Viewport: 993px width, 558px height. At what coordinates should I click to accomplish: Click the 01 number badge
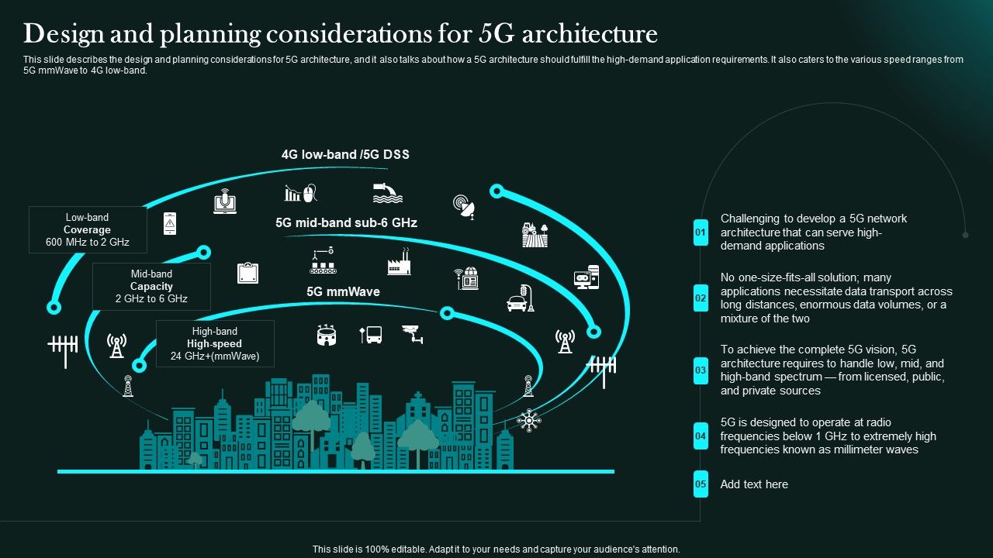click(701, 232)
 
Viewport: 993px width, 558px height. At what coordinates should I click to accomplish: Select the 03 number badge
click(701, 370)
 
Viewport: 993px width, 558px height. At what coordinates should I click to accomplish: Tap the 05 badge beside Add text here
click(701, 484)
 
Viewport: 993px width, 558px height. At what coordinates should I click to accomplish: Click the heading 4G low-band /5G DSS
click(345, 155)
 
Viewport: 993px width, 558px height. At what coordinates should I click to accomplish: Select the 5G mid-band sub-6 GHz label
click(346, 223)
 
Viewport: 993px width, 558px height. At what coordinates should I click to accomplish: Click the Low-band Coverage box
click(87, 230)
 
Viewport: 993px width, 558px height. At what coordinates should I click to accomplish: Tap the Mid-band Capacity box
click(151, 286)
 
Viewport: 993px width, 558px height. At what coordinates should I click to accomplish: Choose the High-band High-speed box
click(215, 343)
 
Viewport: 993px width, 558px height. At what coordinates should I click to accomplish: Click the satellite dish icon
click(464, 205)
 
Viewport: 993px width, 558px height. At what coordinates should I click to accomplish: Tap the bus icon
click(371, 335)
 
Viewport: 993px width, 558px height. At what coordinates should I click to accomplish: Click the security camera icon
click(413, 334)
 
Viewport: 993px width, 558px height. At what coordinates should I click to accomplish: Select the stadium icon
click(327, 335)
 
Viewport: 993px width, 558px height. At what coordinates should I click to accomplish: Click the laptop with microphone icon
click(225, 201)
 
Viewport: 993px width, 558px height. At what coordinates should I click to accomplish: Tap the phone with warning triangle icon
click(169, 224)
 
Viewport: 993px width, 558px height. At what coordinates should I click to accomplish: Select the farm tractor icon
click(535, 234)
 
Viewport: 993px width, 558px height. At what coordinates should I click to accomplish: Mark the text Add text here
click(754, 484)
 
